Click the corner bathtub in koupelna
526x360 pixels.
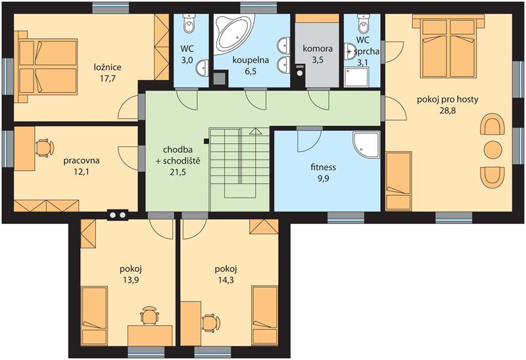click(234, 33)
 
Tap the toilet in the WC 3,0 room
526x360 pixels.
click(189, 23)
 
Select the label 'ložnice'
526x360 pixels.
click(107, 68)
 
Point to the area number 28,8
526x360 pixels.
click(448, 111)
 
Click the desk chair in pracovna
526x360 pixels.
click(44, 148)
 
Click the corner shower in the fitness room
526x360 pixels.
click(366, 145)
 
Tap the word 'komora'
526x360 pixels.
click(318, 49)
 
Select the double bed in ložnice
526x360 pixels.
click(46, 66)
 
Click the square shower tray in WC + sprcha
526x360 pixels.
click(356, 77)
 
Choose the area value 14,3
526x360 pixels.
click(225, 281)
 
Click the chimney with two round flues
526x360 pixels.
click(118, 215)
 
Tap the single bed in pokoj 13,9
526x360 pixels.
click(95, 315)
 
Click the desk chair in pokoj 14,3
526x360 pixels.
click(211, 323)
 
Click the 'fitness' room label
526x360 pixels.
click(323, 167)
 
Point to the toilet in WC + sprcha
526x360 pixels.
click(363, 23)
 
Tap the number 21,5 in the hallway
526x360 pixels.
click(178, 172)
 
